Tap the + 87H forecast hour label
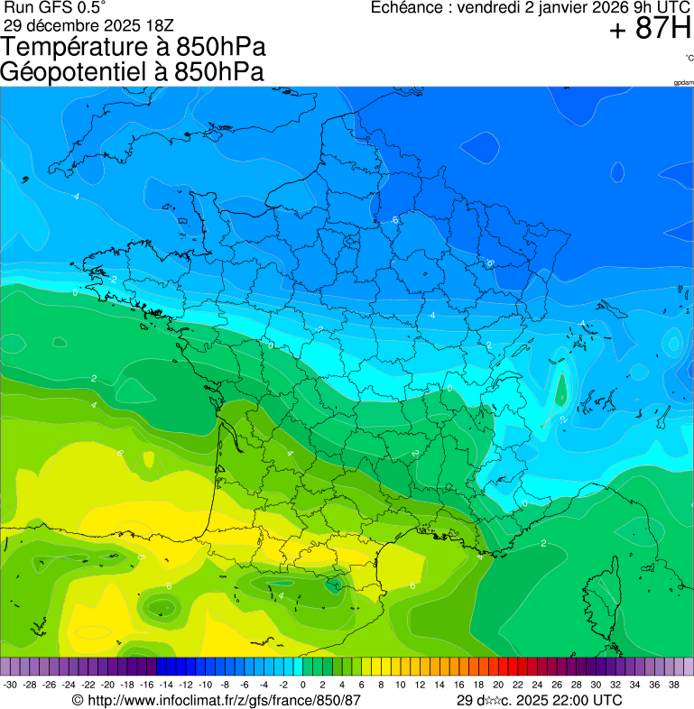(650, 30)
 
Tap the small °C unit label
(689, 58)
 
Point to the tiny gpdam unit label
(683, 83)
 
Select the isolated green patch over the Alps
(560, 388)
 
